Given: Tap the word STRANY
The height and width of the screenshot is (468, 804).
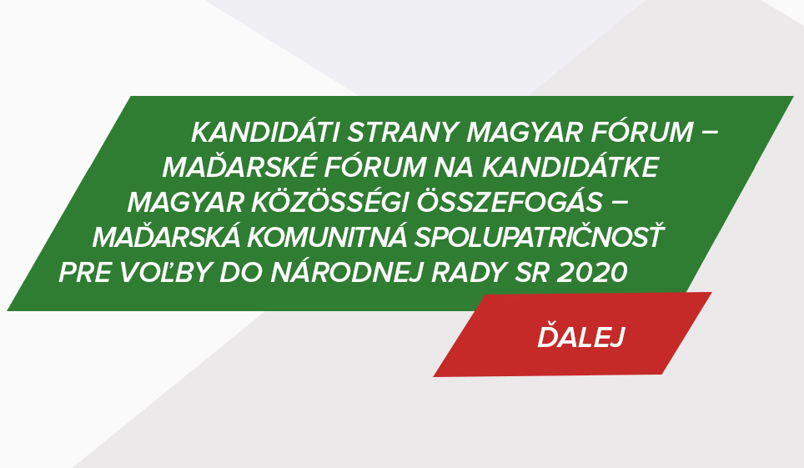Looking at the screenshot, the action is coord(403,133).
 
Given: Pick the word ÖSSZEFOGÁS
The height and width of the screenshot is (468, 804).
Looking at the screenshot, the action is coord(510,201).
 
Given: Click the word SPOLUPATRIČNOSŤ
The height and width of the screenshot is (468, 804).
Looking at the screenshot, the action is coord(539,236).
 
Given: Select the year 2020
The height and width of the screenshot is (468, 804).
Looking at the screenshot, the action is coord(591,272).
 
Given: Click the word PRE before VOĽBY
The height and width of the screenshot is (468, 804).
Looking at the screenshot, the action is coord(85,272).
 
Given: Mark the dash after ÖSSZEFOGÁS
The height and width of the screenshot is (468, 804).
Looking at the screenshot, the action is coord(620,202).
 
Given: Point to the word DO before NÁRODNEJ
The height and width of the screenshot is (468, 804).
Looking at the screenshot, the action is coord(242,272).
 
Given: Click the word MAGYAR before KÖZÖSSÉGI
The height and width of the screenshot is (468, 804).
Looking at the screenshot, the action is coord(186,203).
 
